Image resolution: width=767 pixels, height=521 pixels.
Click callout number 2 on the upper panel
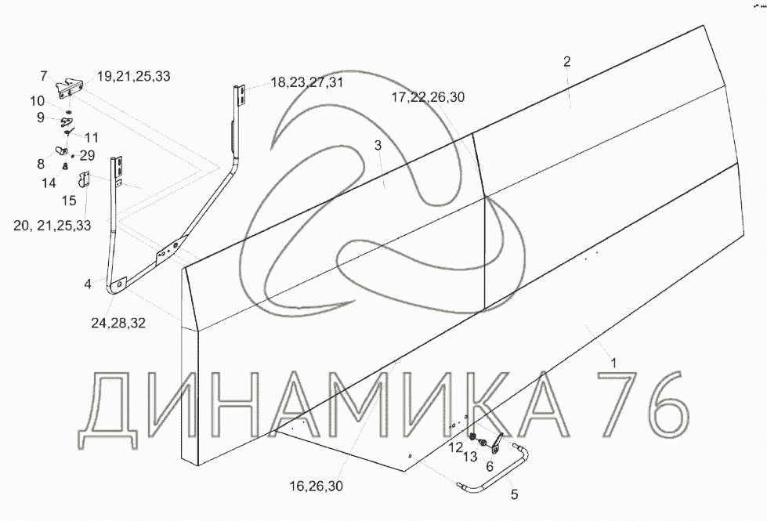pos(567,62)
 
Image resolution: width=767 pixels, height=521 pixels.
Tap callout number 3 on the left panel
pos(378,145)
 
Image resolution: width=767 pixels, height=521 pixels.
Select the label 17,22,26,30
pos(428,97)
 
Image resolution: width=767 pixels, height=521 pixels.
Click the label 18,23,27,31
pos(306,82)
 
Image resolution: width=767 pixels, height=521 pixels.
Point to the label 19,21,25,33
pos(133,76)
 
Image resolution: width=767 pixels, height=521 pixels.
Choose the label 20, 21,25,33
pos(52,226)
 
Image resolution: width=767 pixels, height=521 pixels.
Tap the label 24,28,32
pos(118,324)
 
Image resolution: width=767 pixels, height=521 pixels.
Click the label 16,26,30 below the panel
pos(316,486)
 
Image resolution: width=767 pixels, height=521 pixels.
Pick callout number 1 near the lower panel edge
pos(614,363)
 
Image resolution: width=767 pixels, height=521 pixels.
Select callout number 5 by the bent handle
pos(514,494)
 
